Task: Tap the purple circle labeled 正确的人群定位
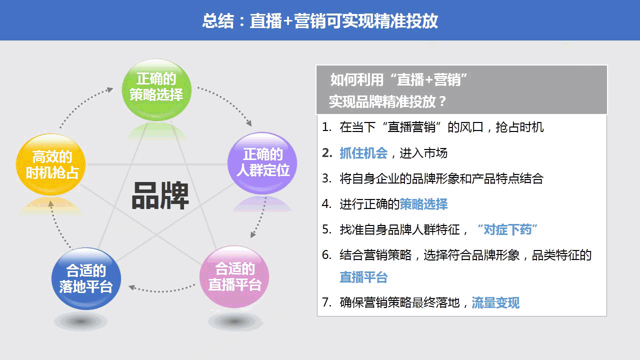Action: [262, 163]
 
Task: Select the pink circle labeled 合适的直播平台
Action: [234, 276]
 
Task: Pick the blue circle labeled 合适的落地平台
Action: [86, 278]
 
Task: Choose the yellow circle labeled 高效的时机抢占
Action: [51, 164]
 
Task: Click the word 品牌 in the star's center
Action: [160, 195]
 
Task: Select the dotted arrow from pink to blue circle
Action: [161, 289]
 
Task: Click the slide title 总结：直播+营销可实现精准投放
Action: [320, 21]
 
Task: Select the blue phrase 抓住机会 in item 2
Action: [363, 153]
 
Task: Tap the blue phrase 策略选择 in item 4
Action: [423, 204]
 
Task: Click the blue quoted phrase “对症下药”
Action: [507, 229]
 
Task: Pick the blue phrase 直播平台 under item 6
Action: [363, 277]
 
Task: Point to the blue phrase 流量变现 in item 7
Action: [495, 302]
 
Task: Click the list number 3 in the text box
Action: [326, 178]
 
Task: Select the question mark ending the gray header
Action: [441, 102]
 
